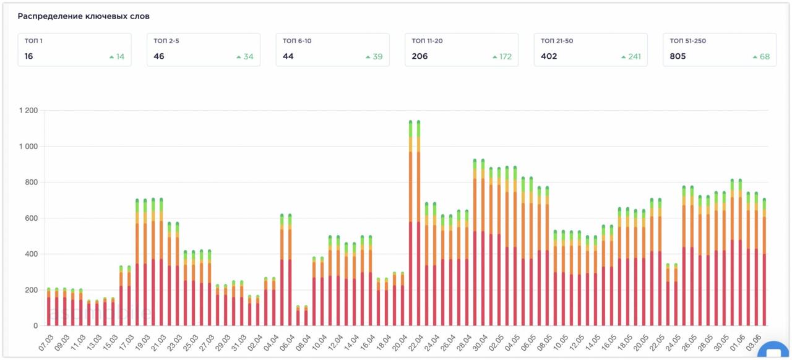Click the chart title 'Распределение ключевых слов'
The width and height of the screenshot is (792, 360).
(84, 16)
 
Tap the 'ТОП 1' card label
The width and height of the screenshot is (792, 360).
(33, 41)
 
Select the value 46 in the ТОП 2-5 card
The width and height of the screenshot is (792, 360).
(159, 56)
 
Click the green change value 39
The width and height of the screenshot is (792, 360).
(377, 57)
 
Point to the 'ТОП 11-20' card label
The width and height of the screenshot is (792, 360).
(427, 41)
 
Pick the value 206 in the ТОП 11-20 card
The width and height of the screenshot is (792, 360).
(420, 56)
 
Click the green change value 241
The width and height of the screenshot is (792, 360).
(634, 57)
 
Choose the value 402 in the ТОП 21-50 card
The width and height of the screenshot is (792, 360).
(549, 56)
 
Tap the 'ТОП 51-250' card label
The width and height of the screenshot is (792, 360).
(687, 41)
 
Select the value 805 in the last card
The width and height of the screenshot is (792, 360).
(678, 56)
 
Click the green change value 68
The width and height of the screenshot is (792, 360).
(765, 57)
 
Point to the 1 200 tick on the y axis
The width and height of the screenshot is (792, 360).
(28, 111)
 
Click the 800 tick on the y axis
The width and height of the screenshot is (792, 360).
(31, 182)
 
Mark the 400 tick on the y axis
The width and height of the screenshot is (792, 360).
(31, 254)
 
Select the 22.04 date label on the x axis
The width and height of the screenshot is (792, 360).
(416, 342)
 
